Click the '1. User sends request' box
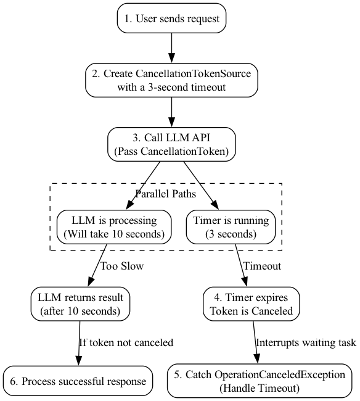click(171, 18)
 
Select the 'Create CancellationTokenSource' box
click(171, 80)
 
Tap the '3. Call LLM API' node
click(171, 144)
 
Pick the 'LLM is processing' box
click(114, 227)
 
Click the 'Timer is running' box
click(231, 227)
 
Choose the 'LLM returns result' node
click(80, 304)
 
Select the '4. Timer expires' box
click(251, 304)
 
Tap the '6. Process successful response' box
click(78, 381)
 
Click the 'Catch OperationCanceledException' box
click(260, 381)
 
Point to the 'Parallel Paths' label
click(166, 194)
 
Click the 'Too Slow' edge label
click(122, 266)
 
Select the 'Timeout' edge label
click(262, 266)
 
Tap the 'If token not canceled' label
click(126, 342)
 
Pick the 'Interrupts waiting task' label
click(306, 342)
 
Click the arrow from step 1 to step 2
click(171, 48)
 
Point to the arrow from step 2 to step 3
click(171, 112)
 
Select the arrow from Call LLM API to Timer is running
click(201, 186)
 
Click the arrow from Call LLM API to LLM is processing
click(143, 186)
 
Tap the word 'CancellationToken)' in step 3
click(184, 151)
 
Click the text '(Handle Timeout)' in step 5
click(260, 388)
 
